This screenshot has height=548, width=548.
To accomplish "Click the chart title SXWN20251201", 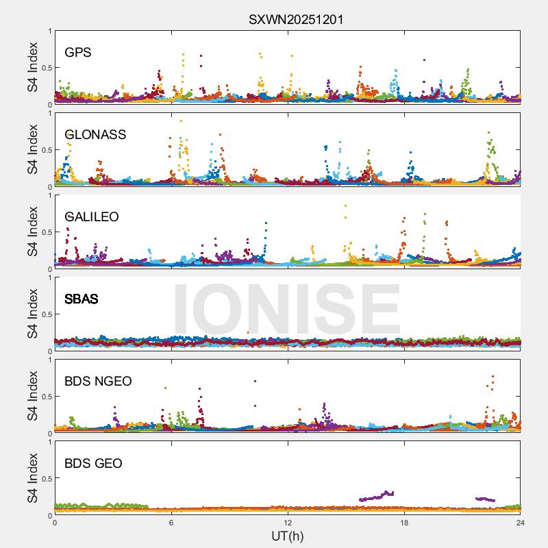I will pyautogui.click(x=296, y=19).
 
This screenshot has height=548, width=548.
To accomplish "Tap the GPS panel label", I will pyautogui.click(x=77, y=53).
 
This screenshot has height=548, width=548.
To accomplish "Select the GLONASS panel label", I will pyautogui.click(x=95, y=135).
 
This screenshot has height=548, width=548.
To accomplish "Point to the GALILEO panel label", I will pyautogui.click(x=91, y=217).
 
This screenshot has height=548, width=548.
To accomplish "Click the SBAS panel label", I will pyautogui.click(x=81, y=299).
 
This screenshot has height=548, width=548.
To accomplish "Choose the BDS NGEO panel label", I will pyautogui.click(x=98, y=382).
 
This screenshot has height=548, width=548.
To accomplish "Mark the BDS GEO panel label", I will pyautogui.click(x=93, y=464).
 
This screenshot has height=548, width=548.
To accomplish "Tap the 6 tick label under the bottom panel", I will pyautogui.click(x=171, y=523).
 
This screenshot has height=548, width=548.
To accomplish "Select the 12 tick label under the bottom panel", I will pyautogui.click(x=288, y=523).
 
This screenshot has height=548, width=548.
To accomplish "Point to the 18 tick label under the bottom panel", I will pyautogui.click(x=404, y=523).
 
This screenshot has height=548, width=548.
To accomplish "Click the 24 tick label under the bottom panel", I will pyautogui.click(x=521, y=523).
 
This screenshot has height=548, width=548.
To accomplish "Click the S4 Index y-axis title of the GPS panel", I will pyautogui.click(x=33, y=67).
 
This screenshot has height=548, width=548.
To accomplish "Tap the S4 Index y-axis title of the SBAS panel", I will pyautogui.click(x=33, y=314).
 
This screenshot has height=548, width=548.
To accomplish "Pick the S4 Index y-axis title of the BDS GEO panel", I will pyautogui.click(x=33, y=478).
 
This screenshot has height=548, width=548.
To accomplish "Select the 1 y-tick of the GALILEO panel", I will pyautogui.click(x=49, y=195).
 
